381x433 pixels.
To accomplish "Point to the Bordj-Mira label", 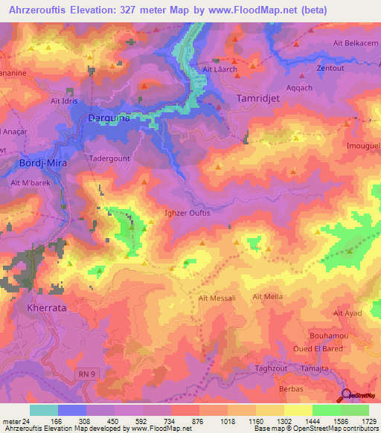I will coord(39,163).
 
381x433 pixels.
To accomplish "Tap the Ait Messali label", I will coord(217,298).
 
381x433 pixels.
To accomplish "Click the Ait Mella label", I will coord(268,297).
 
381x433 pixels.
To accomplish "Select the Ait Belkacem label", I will coord(356,43).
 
